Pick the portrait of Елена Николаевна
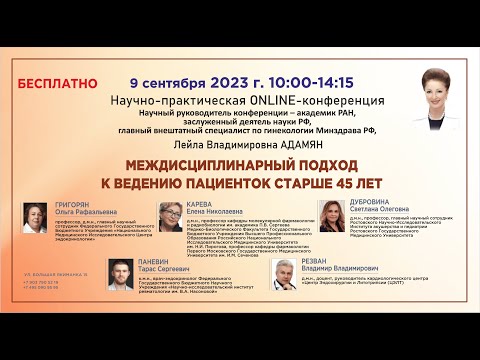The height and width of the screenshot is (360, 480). [172, 214]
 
